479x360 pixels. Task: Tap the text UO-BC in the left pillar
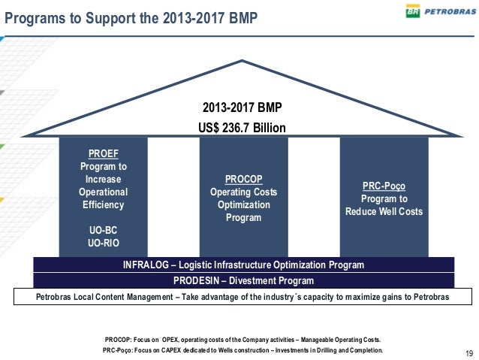[92, 229]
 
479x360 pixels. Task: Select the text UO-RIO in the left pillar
[92, 242]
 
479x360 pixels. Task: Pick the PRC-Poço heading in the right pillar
[384, 186]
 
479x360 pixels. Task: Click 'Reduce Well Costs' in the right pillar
[384, 211]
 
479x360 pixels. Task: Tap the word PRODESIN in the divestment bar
[196, 280]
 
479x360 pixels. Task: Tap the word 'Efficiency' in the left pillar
[92, 204]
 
